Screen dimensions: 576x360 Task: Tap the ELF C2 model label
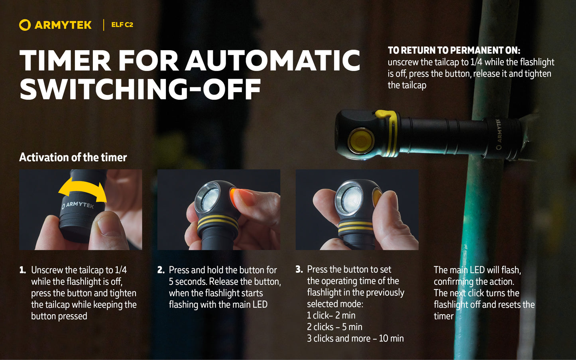pyautogui.click(x=122, y=25)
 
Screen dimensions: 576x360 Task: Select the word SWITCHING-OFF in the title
pyautogui.click(x=140, y=89)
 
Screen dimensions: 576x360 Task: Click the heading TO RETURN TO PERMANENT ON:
pyautogui.click(x=454, y=50)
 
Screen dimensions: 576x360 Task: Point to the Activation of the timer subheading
pyautogui.click(x=73, y=157)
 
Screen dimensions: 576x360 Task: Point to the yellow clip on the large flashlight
pyautogui.click(x=388, y=131)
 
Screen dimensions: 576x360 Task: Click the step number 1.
pyautogui.click(x=23, y=270)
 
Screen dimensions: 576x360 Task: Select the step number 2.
pyautogui.click(x=161, y=270)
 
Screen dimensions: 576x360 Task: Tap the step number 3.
pyautogui.click(x=299, y=270)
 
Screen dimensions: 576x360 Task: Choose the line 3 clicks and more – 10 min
pyautogui.click(x=356, y=338)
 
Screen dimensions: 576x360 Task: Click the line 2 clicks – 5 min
pyautogui.click(x=334, y=327)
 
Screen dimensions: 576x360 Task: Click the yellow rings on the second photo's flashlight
pyautogui.click(x=218, y=223)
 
